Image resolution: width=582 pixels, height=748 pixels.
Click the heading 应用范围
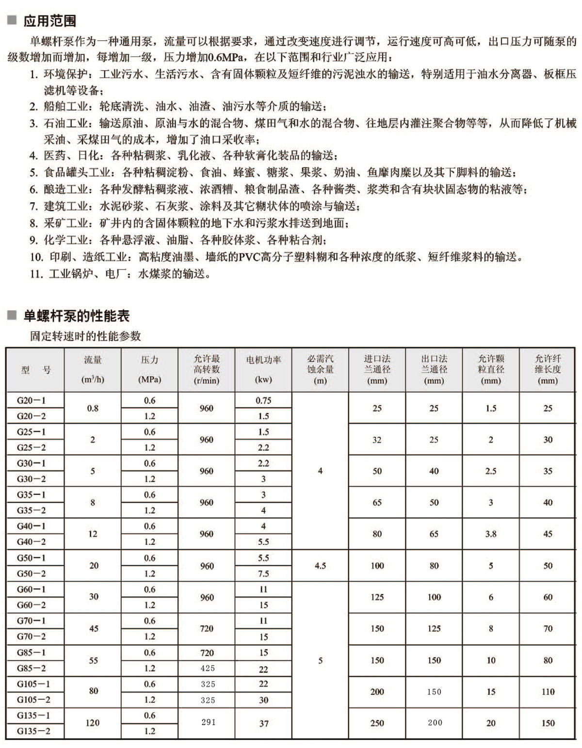49,21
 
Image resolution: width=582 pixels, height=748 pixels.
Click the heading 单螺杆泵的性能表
77,316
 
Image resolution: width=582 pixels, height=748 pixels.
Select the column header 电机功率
263,360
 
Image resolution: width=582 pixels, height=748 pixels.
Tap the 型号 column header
36,370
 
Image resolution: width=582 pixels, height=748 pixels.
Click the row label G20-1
32,401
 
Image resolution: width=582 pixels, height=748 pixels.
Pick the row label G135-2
33,731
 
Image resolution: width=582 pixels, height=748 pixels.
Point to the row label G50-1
32,558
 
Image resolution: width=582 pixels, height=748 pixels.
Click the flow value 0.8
93,408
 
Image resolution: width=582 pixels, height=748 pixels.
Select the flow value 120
93,723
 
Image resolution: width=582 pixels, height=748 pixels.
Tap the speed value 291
208,722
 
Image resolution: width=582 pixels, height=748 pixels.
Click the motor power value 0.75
263,401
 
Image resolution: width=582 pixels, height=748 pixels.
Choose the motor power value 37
263,723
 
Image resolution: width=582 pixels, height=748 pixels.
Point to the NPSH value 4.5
320,566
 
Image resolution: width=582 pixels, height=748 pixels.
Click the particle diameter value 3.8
491,534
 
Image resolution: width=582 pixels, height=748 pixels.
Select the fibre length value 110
548,692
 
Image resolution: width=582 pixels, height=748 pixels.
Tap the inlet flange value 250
377,723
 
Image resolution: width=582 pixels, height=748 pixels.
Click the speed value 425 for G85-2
208,668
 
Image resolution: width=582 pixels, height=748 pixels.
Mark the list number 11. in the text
36,274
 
